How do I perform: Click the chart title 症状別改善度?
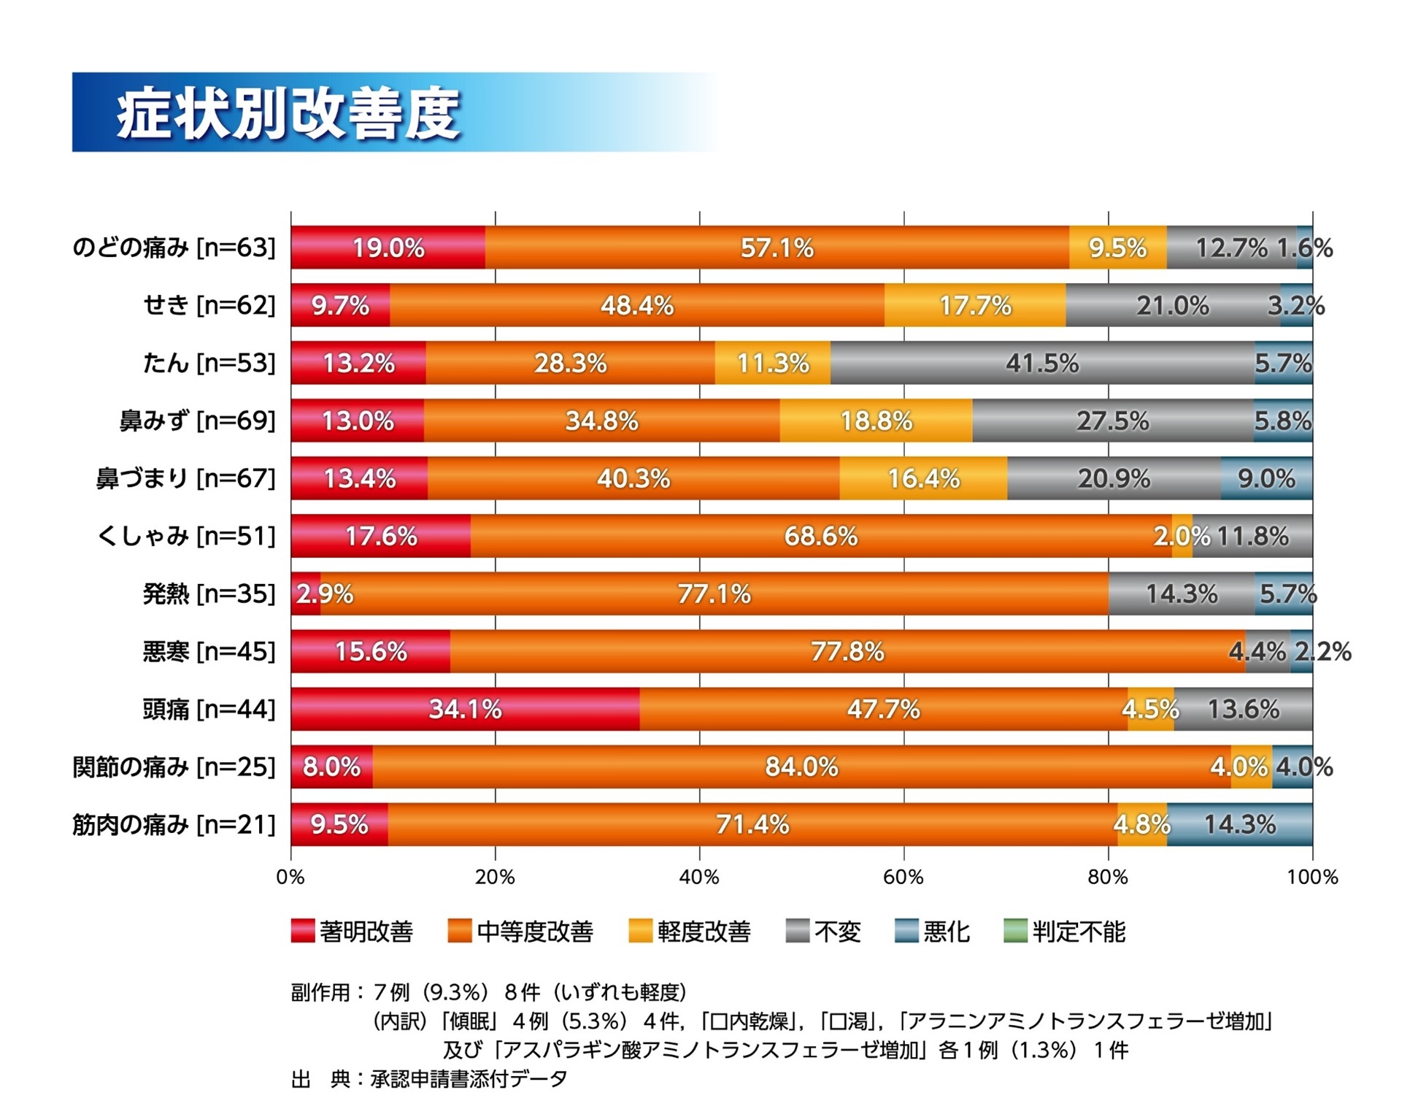tap(288, 113)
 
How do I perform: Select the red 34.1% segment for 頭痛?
tap(465, 709)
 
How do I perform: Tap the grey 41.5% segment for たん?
tap(1041, 363)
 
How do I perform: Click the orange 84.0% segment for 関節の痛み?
tap(801, 767)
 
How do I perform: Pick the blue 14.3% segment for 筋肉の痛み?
tap(1239, 824)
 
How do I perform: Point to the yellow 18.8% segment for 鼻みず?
tap(876, 421)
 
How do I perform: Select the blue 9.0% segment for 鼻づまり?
tap(1266, 478)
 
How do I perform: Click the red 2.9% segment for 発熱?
tap(306, 594)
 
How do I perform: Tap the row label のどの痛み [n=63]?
tap(174, 248)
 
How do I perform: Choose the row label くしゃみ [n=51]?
tap(186, 537)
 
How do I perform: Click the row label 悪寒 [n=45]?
tap(209, 651)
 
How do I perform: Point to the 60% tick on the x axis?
tap(904, 878)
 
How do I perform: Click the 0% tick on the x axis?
tap(290, 878)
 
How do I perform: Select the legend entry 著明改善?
tap(352, 932)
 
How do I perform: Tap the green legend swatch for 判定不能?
tap(1015, 932)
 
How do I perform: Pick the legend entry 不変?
tap(823, 932)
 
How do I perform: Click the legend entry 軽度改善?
tap(690, 932)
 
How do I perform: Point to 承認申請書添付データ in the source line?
tap(469, 1078)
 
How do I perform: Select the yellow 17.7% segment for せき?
tap(974, 305)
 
